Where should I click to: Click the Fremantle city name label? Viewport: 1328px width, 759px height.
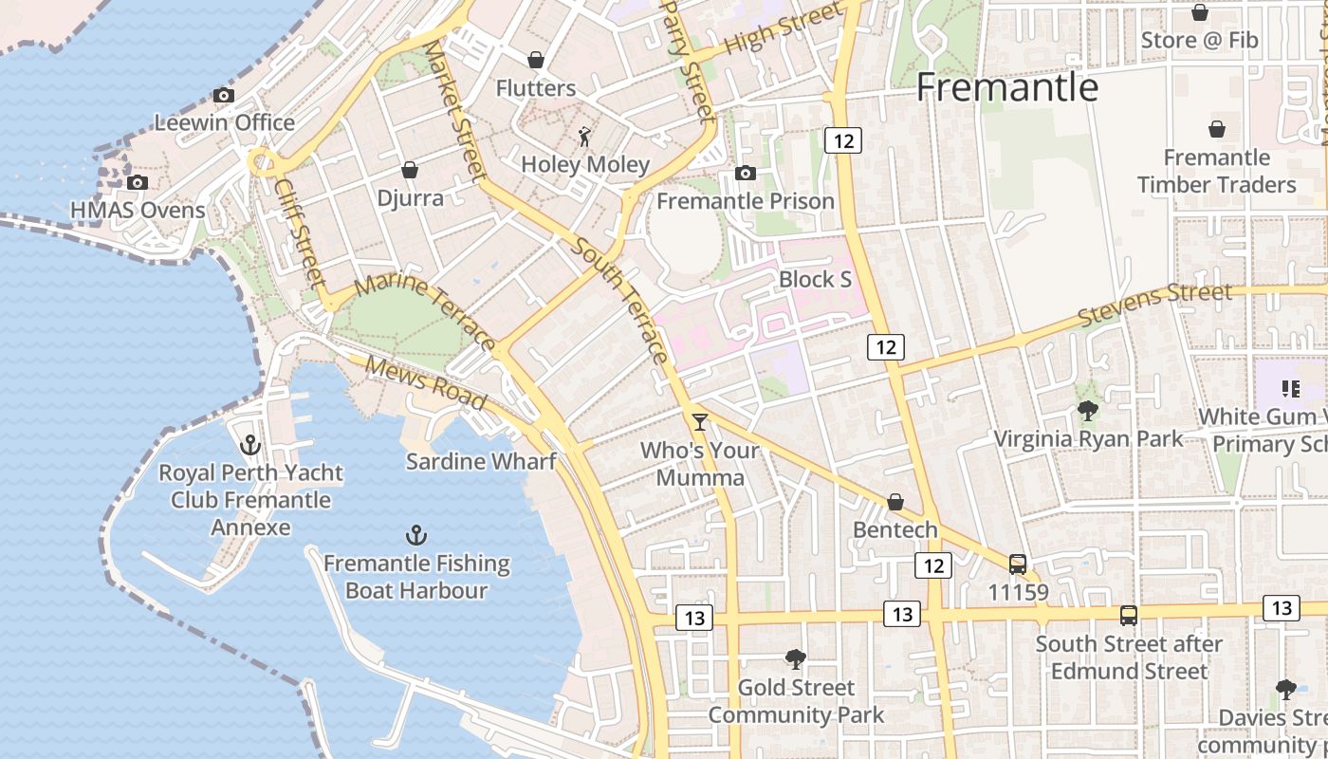(x=1006, y=88)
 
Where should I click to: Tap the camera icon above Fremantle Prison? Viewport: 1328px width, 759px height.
(x=746, y=173)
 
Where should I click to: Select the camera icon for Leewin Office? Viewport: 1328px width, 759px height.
(x=224, y=95)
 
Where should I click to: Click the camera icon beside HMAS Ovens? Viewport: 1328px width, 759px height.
(x=138, y=182)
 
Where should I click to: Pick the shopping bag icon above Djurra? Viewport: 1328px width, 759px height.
(x=410, y=170)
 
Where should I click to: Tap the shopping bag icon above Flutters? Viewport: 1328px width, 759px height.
(x=536, y=60)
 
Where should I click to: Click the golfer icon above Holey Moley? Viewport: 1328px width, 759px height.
(x=585, y=137)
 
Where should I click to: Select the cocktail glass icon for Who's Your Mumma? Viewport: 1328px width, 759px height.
(x=700, y=421)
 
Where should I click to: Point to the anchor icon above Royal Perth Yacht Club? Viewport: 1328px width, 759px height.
(x=250, y=444)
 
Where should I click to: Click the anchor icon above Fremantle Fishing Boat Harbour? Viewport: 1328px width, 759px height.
(x=415, y=535)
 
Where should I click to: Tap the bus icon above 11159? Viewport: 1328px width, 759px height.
(x=1018, y=565)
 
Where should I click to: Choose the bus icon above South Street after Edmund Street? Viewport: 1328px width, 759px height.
(x=1129, y=615)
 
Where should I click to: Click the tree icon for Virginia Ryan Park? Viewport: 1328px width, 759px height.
(x=1088, y=411)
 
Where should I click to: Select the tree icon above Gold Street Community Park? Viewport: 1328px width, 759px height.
(x=796, y=658)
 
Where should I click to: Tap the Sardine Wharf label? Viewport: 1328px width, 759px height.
(x=480, y=462)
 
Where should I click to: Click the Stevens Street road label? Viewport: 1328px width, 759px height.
(x=1156, y=304)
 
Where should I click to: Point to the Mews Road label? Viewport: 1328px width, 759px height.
(x=426, y=383)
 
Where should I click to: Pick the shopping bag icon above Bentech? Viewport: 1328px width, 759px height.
(x=895, y=502)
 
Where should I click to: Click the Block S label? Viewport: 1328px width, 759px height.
(x=815, y=280)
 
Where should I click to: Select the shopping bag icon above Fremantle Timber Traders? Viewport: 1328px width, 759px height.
(x=1217, y=129)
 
